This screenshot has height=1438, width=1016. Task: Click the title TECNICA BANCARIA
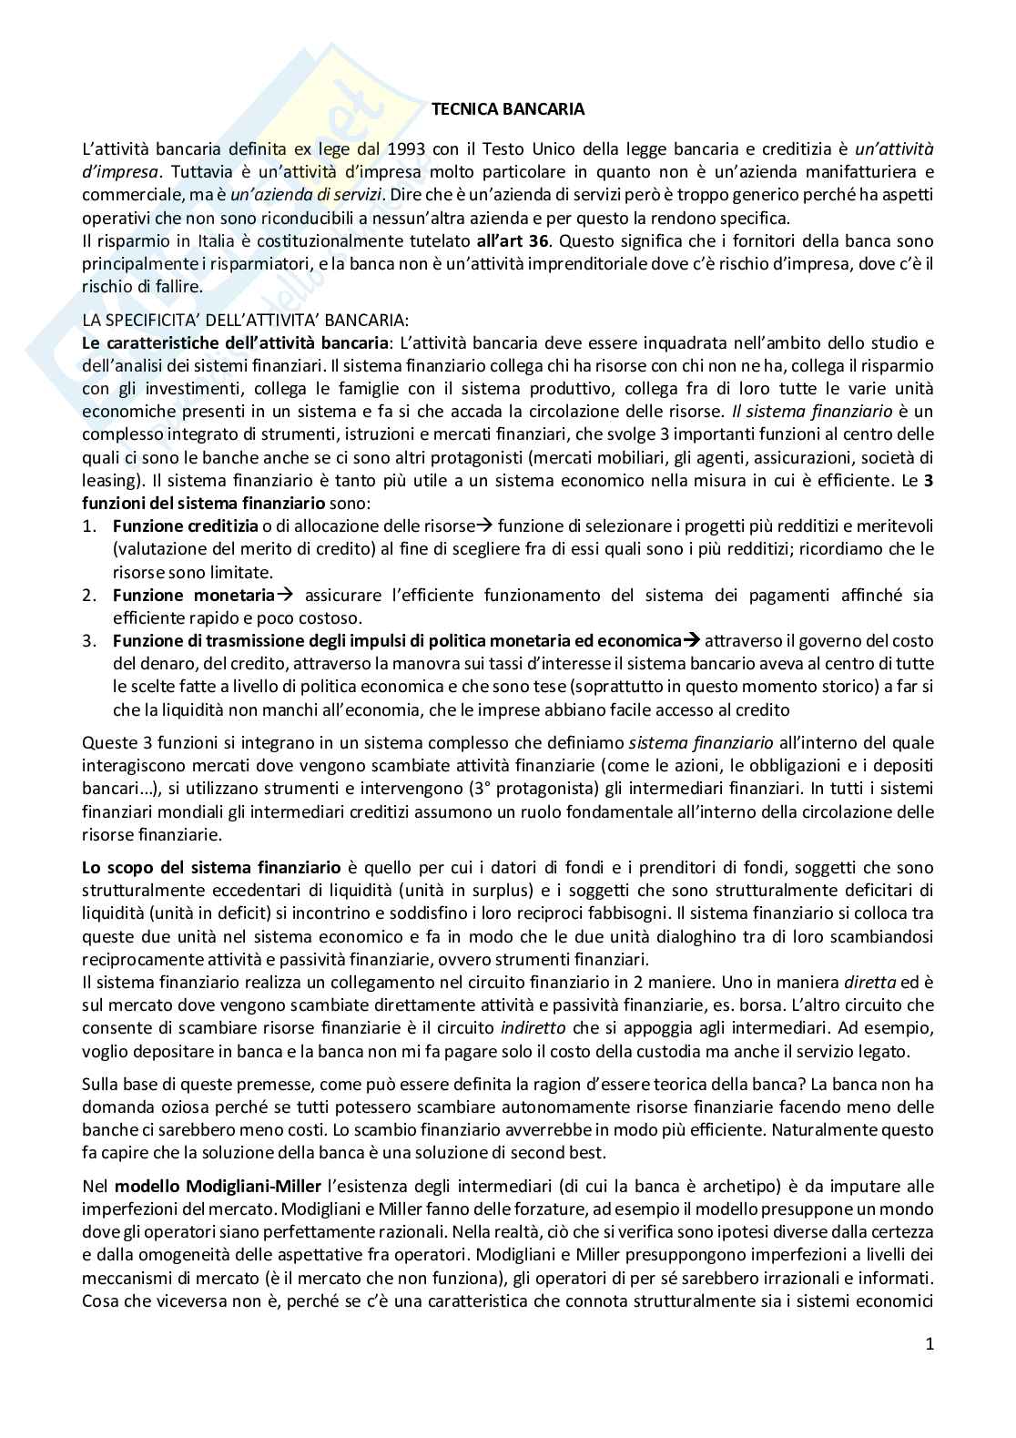click(x=507, y=109)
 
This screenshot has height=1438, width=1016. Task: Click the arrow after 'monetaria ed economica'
click(x=691, y=640)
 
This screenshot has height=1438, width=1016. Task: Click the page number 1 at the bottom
click(x=930, y=1344)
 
